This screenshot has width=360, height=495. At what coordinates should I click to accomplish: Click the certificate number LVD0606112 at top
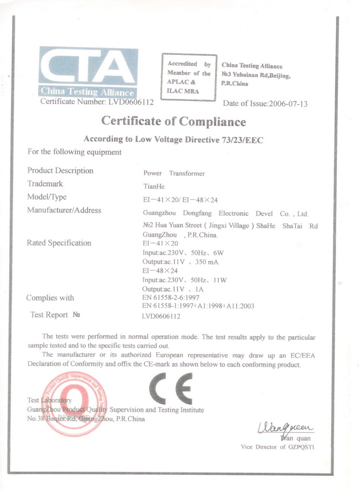(131, 103)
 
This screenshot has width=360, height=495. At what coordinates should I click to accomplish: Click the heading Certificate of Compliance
(174, 121)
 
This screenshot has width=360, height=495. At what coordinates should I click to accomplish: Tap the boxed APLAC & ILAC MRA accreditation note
(189, 77)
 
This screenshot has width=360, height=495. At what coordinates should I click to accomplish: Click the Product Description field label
(60, 171)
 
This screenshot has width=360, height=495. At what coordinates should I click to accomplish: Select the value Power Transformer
(174, 173)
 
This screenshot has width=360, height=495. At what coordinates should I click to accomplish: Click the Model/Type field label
(47, 197)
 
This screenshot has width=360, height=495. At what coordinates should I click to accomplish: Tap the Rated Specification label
(59, 243)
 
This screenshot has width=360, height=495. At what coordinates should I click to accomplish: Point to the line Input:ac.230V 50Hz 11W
(184, 280)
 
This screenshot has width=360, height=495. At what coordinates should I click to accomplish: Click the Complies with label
(50, 298)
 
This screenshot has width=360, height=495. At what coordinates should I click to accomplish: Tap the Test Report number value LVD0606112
(161, 316)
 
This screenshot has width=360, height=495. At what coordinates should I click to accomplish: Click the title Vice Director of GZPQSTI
(276, 447)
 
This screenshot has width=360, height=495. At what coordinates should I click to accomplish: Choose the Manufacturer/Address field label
(64, 210)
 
